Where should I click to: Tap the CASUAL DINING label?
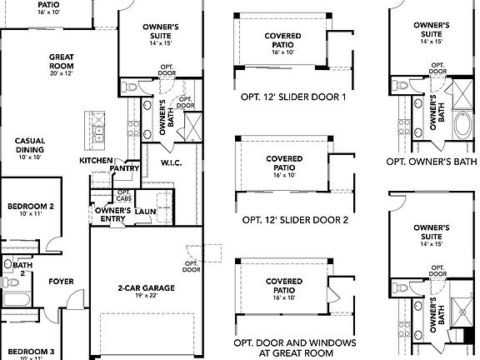coord(30,145)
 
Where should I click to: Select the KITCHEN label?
coord(96,160)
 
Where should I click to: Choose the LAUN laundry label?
coord(146,212)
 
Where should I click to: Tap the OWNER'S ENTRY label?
coord(112,215)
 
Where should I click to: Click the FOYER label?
coord(60,281)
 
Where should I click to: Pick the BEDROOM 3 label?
coord(31,352)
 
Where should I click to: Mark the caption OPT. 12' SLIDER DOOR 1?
coord(282,96)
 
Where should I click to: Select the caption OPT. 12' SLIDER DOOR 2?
coord(282,221)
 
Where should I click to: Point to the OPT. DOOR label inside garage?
coord(192,266)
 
